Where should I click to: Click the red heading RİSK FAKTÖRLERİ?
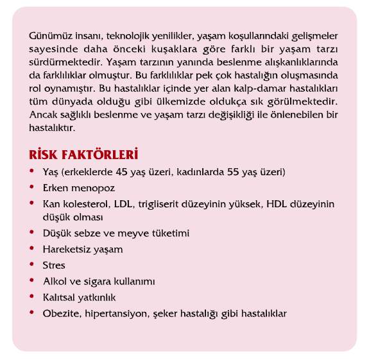click(x=84, y=155)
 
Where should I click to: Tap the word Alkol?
click(x=55, y=281)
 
